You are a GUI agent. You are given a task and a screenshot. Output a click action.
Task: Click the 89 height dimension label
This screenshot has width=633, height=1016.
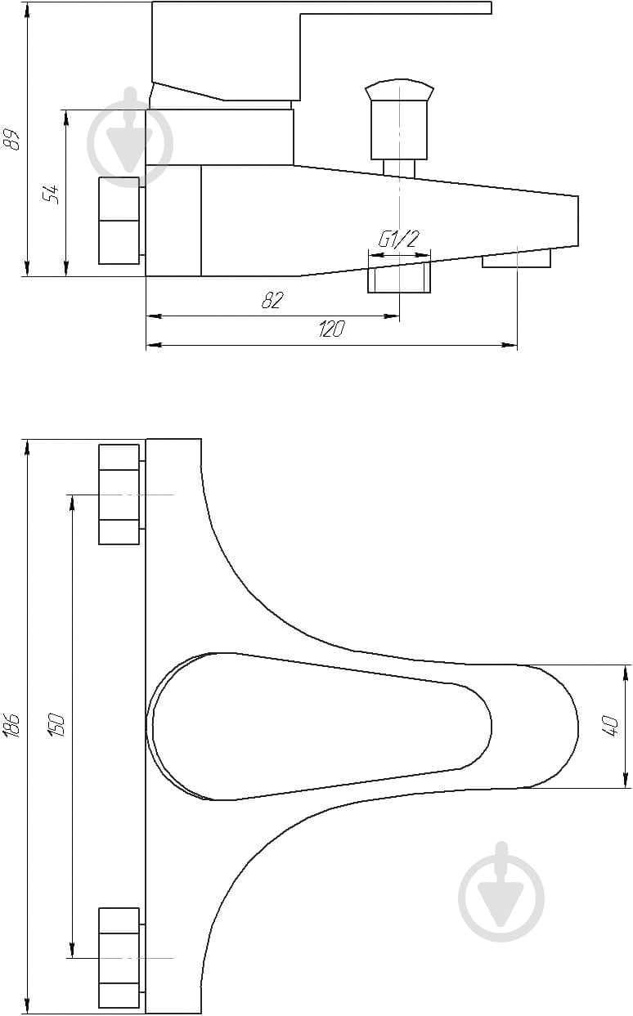point(11,139)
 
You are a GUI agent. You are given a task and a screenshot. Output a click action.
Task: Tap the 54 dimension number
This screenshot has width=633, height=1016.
point(51,195)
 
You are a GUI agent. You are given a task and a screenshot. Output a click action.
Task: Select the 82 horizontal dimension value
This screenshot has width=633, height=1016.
point(272,300)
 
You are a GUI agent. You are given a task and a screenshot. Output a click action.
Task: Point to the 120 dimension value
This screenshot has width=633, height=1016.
point(332,329)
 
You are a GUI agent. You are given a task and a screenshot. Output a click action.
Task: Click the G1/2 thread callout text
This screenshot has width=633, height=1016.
point(398,239)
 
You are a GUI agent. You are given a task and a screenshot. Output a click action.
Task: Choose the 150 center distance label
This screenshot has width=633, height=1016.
point(56,724)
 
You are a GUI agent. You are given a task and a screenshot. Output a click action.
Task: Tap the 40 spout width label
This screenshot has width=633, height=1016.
point(611,726)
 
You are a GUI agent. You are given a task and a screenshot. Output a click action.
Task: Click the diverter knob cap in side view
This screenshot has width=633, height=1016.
point(399,90)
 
